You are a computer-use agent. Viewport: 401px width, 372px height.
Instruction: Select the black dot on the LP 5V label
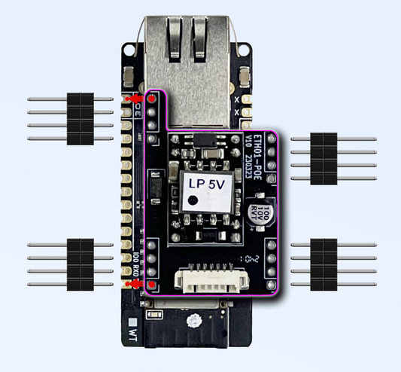tap(194, 200)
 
